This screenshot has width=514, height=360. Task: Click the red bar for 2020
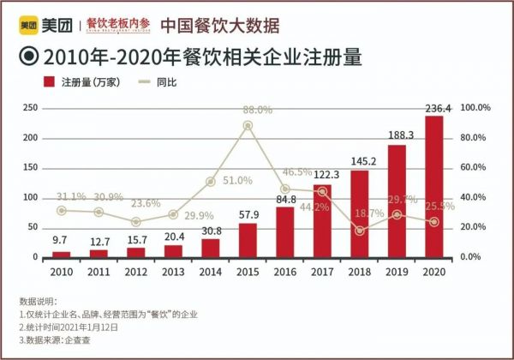pos(433,186)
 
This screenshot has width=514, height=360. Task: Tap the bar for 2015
pos(248,240)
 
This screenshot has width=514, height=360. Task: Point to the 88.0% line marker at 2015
pos(248,125)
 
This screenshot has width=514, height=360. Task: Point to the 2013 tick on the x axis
pos(173,272)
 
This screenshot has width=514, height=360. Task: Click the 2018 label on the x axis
pos(360,272)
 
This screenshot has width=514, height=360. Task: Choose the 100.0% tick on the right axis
pos(475,108)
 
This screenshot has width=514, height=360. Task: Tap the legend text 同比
pos(167,81)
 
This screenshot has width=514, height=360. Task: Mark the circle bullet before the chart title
pos(27,57)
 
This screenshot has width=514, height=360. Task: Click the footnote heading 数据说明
pos(37,302)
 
